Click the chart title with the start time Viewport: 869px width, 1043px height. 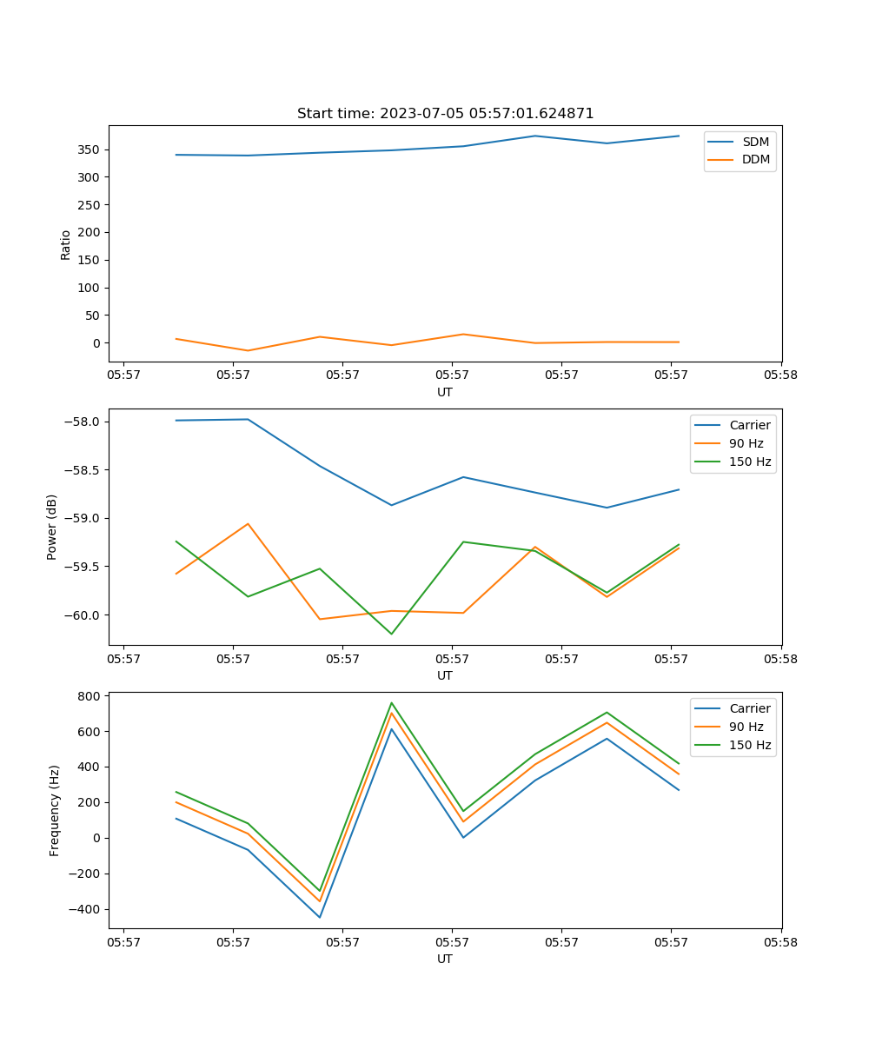click(445, 113)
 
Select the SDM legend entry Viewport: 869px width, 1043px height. click(755, 142)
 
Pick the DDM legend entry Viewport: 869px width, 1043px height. click(755, 159)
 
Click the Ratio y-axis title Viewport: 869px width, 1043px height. click(66, 244)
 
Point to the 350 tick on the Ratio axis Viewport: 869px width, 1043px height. click(92, 149)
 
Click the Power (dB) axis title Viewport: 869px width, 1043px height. click(52, 527)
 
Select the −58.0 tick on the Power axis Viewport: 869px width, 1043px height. click(84, 422)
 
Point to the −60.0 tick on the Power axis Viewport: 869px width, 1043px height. click(84, 615)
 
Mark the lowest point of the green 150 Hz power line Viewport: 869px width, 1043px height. click(391, 634)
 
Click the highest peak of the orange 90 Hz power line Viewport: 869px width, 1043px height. click(248, 523)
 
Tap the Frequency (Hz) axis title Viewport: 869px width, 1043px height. click(55, 810)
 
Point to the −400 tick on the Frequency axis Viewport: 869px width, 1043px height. click(87, 909)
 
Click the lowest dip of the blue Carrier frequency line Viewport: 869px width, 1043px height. click(319, 917)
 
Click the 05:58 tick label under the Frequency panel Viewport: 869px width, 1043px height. click(780, 941)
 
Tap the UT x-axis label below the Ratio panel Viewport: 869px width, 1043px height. click(445, 392)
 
